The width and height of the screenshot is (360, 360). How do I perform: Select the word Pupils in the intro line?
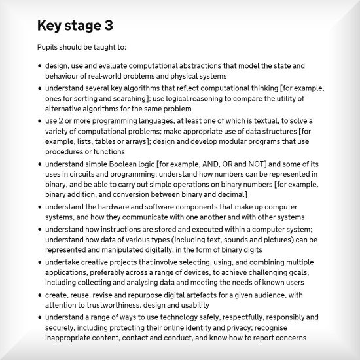pos(48,48)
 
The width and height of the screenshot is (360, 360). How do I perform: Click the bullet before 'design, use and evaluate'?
pos(39,67)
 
